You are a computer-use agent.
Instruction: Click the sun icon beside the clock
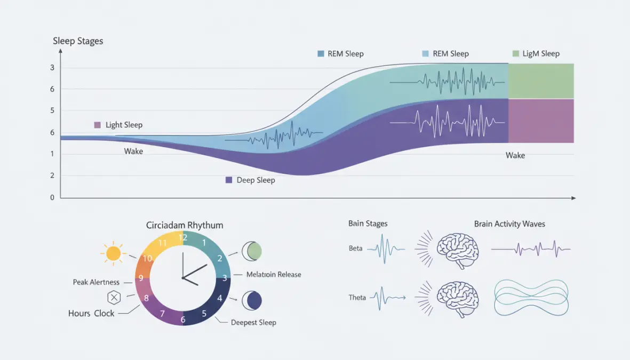(114, 253)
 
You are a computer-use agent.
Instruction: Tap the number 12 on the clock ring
(183, 237)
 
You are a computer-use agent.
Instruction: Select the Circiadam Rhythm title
(185, 225)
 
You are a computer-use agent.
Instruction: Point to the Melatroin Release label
(274, 275)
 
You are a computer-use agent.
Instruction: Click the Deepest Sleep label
(253, 323)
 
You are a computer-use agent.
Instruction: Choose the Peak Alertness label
(96, 282)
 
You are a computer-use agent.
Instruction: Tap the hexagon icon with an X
(114, 298)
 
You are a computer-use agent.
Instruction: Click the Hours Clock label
(91, 314)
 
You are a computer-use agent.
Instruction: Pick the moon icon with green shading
(252, 251)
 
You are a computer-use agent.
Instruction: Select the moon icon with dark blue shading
(252, 301)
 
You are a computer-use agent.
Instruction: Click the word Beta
(356, 249)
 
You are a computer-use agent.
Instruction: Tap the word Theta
(357, 298)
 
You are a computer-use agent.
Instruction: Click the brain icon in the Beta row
(458, 249)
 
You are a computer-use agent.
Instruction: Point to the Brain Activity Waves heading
(509, 224)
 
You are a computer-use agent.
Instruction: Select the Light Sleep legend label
(124, 125)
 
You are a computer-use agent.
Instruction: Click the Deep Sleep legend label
(256, 180)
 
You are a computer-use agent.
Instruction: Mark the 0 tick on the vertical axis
(52, 197)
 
